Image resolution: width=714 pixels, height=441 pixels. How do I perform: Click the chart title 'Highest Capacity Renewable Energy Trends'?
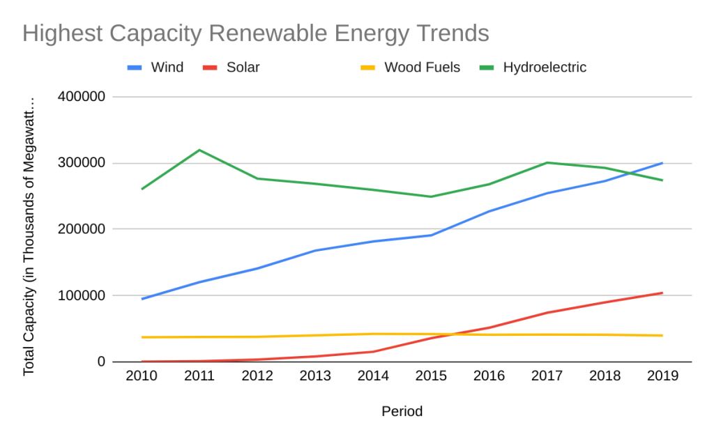(255, 33)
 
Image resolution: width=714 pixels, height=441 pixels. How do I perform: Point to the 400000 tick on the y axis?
(80, 97)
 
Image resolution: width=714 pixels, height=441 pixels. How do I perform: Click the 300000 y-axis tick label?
(80, 163)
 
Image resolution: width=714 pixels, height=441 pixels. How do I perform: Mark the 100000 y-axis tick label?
(80, 295)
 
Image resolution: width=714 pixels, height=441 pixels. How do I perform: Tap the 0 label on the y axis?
(101, 362)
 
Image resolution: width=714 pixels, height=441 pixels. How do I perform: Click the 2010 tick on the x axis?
(142, 376)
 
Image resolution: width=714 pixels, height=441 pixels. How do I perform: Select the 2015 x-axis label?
(431, 376)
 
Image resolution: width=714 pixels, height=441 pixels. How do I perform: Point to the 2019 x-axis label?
(662, 376)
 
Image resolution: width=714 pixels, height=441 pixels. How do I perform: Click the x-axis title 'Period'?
(402, 412)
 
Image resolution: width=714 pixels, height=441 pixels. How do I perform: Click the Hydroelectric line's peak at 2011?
(199, 150)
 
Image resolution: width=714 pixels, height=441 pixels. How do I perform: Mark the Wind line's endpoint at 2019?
(662, 163)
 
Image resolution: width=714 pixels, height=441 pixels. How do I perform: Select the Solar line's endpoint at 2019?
(662, 293)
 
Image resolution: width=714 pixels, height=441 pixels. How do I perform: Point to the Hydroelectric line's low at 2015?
(431, 196)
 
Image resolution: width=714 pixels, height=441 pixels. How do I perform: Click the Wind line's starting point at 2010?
(142, 299)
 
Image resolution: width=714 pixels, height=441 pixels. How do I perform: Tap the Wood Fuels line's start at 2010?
(142, 337)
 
